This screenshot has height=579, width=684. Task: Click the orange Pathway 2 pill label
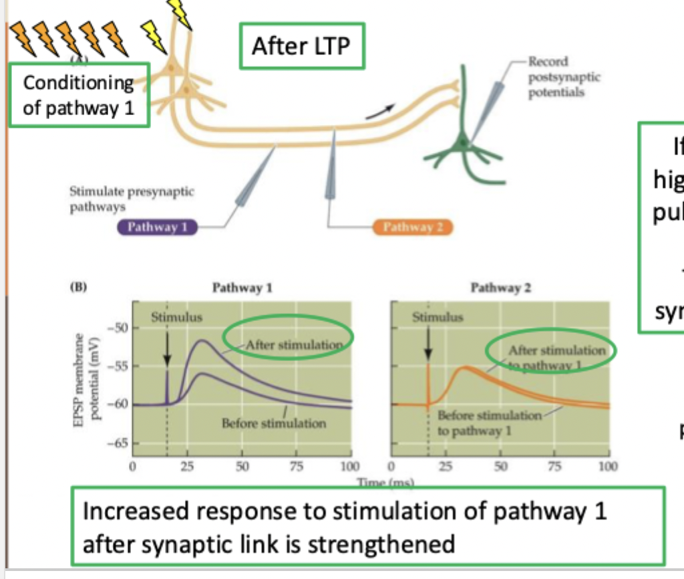[x=413, y=227]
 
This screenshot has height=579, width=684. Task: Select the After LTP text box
[x=302, y=46]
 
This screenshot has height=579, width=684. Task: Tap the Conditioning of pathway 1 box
[x=78, y=95]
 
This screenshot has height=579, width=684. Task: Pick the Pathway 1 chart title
[x=242, y=288]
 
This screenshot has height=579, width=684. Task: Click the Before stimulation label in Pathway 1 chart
[x=274, y=423]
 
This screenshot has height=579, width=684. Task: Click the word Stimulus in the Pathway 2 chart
[x=438, y=317]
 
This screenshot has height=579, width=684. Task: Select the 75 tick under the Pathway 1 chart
[x=295, y=466]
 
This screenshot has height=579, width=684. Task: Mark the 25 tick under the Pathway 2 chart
[x=446, y=466]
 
